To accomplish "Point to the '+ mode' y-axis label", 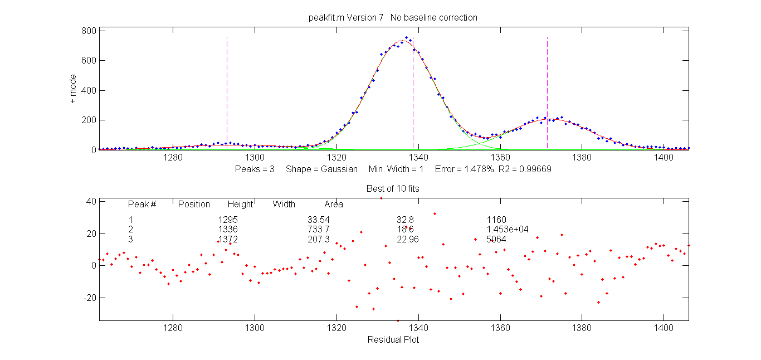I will coord(73,90).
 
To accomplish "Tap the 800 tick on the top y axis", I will coord(89,31).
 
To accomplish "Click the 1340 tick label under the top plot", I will coord(418,158).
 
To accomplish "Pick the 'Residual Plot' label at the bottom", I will coord(393,339).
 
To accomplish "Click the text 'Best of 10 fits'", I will coord(393,188).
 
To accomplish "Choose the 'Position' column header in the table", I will coord(194,205).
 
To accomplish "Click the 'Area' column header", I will coord(334,205).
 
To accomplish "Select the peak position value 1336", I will coord(228,229).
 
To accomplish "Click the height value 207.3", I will coord(319,239).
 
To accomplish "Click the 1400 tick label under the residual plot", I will coord(664,329).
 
